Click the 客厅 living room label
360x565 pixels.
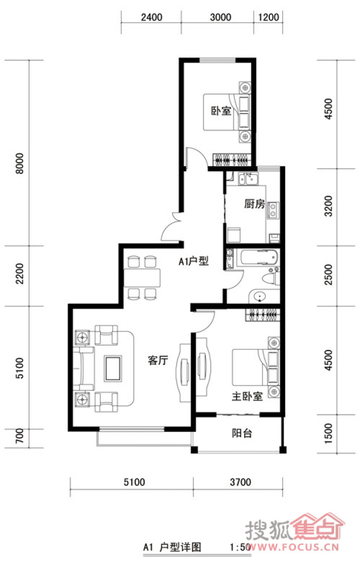click(158, 361)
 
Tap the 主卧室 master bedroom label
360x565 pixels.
click(247, 396)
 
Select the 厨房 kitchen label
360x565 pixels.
click(254, 204)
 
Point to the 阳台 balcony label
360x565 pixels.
click(242, 433)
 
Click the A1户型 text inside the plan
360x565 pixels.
click(194, 261)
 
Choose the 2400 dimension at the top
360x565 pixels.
click(151, 17)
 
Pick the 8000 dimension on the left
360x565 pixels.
click(20, 163)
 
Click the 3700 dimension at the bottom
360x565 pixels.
click(240, 482)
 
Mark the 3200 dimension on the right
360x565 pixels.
click(328, 206)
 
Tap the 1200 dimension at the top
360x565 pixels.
click(269, 17)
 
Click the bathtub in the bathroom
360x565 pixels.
click(259, 257)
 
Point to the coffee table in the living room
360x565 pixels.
click(113, 368)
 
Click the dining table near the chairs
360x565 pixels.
click(142, 277)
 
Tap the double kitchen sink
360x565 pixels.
click(248, 179)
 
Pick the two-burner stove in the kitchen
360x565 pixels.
click(273, 210)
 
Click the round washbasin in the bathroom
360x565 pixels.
click(259, 297)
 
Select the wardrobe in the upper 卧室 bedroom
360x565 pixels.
click(232, 160)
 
